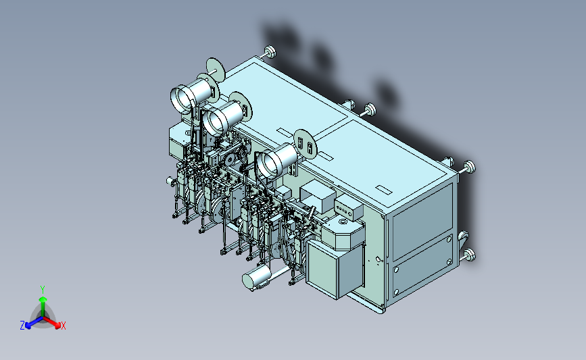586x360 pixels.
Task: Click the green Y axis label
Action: pos(42,290)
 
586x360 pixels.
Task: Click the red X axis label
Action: pos(63,326)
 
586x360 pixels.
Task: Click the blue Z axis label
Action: pos(22,326)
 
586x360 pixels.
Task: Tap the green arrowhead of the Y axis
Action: pos(43,299)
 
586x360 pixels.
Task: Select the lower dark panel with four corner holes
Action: pos(423,266)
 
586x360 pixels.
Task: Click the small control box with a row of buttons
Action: pos(348,209)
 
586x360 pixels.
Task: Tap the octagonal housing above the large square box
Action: pos(343,234)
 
